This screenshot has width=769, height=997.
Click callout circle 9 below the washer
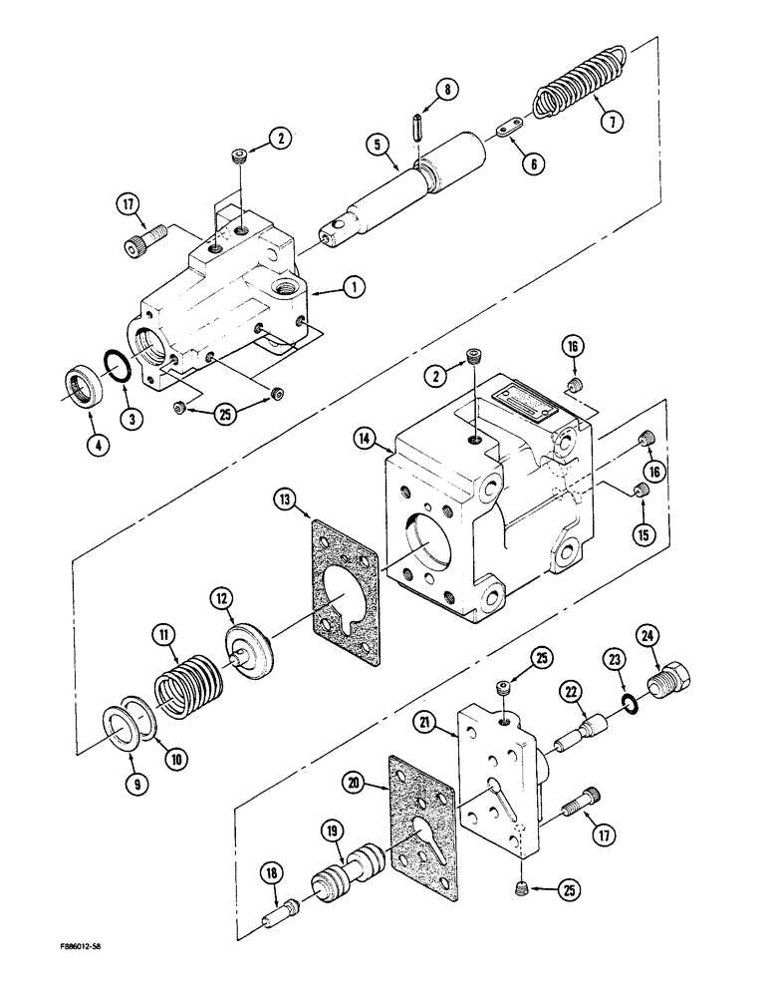(137, 784)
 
